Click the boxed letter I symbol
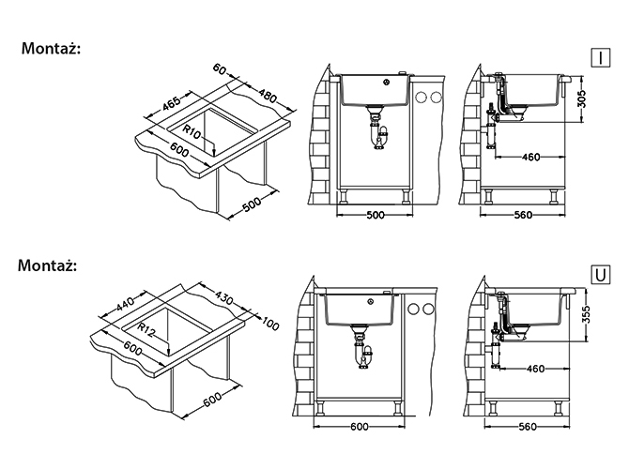[x=601, y=58]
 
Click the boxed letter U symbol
[x=601, y=275]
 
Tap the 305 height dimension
[x=582, y=99]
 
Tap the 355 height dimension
[x=586, y=314]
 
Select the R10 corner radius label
[x=192, y=132]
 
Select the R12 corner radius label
[x=146, y=330]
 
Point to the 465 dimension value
[x=172, y=104]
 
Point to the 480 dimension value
[x=268, y=96]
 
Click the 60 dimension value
[x=220, y=69]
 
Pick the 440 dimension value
[x=125, y=303]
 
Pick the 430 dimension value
[x=223, y=298]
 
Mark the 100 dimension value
[x=269, y=324]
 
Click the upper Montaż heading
[x=51, y=49]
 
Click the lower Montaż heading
[x=47, y=265]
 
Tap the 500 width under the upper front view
[x=376, y=215]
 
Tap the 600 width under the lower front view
[x=359, y=427]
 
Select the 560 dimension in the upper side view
[x=523, y=215]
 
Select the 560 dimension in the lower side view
[x=527, y=427]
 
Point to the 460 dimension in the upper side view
[x=530, y=158]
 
